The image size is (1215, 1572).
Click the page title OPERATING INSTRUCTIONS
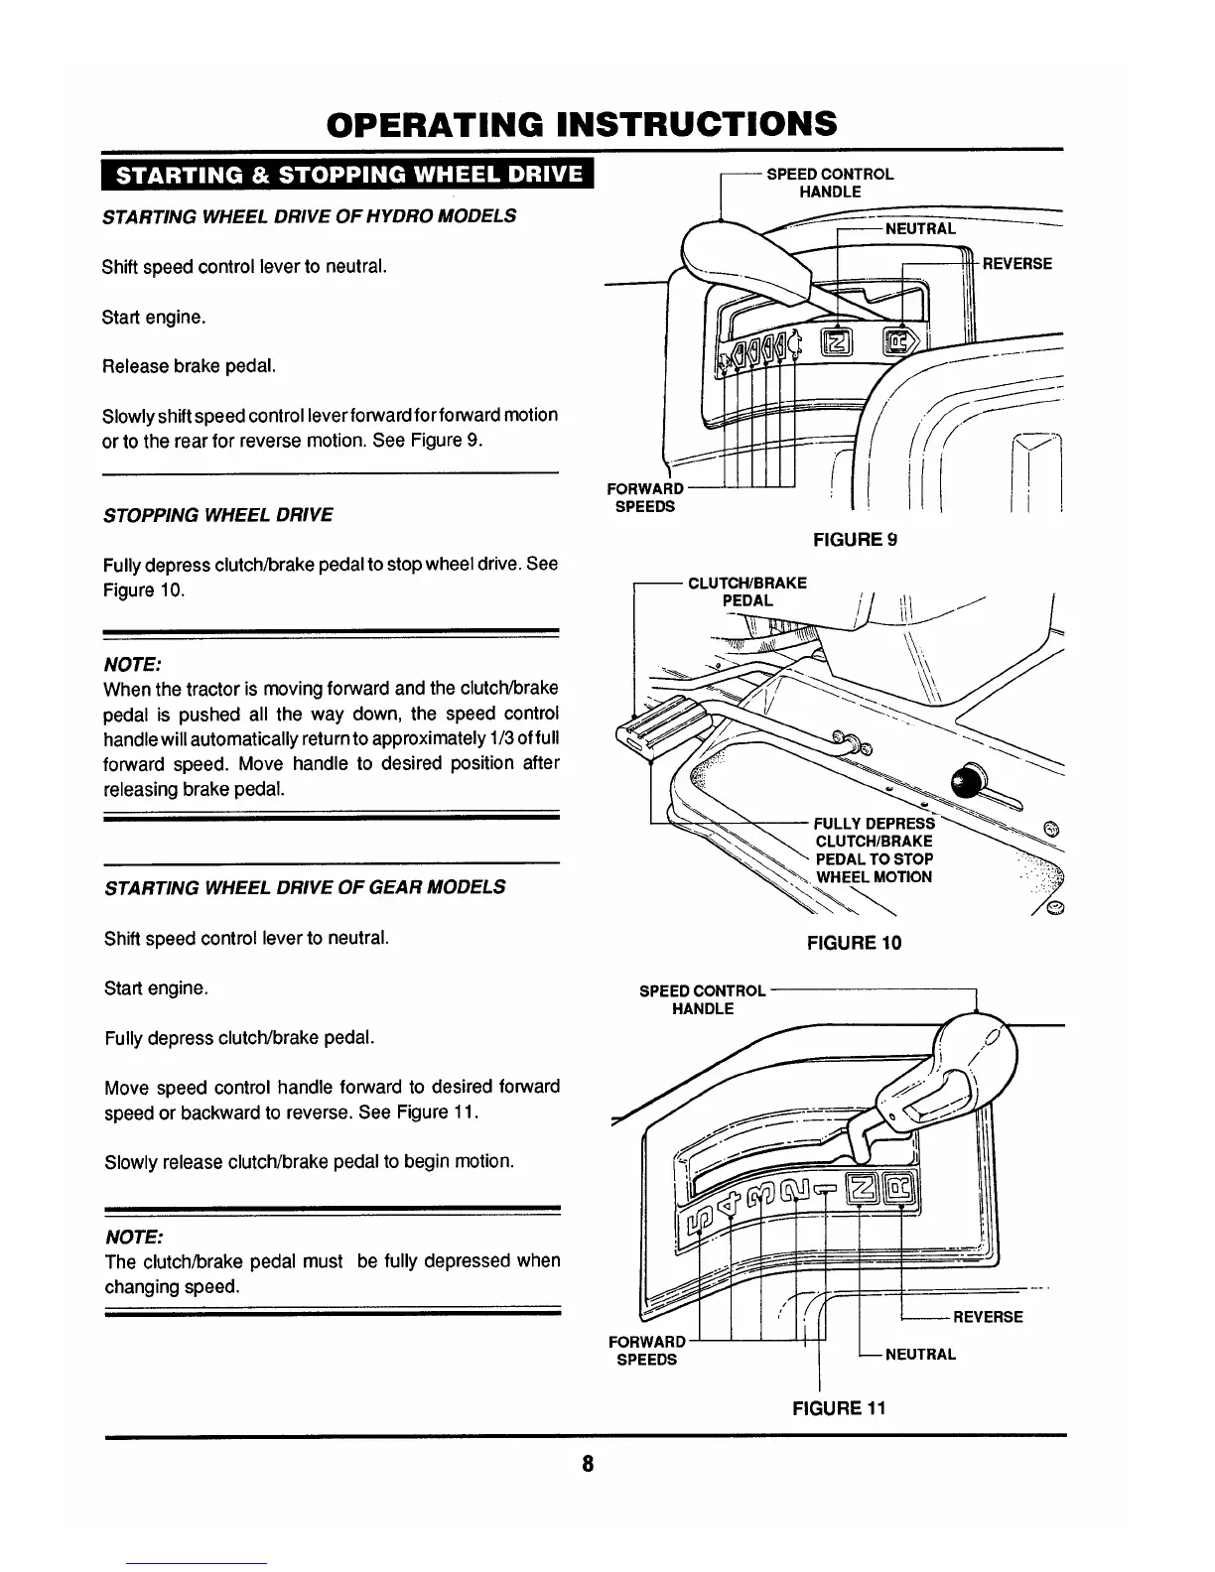click(582, 124)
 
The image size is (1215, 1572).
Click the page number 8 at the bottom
click(588, 1464)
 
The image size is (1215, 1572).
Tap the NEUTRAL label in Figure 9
click(920, 229)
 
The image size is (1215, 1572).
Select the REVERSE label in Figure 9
click(1016, 264)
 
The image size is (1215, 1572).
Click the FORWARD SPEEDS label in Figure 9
click(645, 497)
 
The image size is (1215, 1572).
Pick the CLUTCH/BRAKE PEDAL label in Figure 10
click(746, 591)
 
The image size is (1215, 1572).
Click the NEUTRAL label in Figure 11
click(920, 1354)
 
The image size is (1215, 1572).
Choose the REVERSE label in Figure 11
click(988, 1317)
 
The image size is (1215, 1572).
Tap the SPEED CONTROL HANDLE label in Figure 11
click(702, 999)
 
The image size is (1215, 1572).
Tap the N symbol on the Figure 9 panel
click(836, 343)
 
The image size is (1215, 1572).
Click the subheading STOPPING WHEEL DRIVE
click(218, 515)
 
